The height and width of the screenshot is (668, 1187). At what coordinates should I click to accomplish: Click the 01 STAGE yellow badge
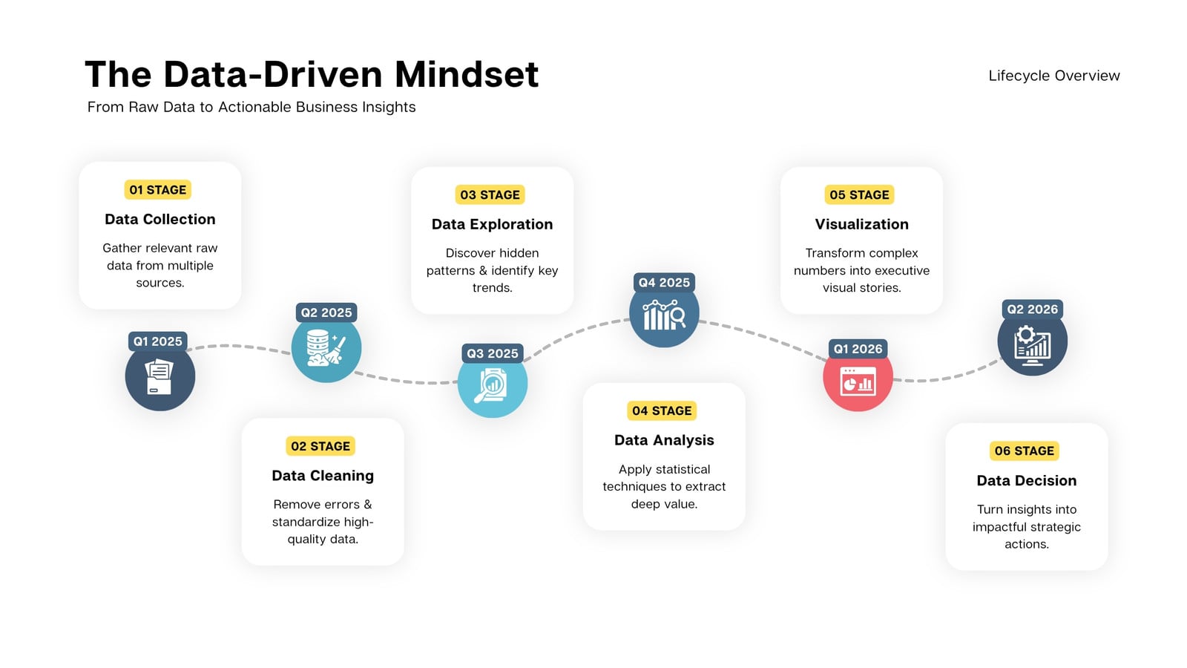pyautogui.click(x=157, y=190)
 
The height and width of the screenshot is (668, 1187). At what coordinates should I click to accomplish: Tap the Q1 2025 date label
pyautogui.click(x=157, y=341)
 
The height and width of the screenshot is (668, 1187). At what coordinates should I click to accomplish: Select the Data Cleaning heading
pyautogui.click(x=323, y=476)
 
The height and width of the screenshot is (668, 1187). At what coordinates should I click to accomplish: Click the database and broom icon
pyautogui.click(x=326, y=348)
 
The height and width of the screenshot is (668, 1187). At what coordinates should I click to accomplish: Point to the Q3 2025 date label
pyautogui.click(x=493, y=353)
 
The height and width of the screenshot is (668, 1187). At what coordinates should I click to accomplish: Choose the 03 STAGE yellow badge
pyautogui.click(x=490, y=194)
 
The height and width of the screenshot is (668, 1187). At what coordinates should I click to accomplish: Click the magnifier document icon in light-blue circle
pyautogui.click(x=490, y=385)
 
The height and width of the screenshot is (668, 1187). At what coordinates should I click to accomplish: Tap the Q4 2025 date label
pyautogui.click(x=664, y=283)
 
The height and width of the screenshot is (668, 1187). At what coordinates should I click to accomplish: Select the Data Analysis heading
pyautogui.click(x=664, y=440)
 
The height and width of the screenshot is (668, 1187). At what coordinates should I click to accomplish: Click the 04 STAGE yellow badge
pyautogui.click(x=661, y=411)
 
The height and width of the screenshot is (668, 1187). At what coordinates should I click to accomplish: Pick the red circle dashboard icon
pyautogui.click(x=858, y=382)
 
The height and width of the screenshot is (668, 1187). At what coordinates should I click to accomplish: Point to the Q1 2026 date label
pyautogui.click(x=858, y=349)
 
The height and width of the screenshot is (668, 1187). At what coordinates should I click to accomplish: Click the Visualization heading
pyautogui.click(x=861, y=224)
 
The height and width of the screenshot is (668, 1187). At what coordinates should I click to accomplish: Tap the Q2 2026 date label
pyautogui.click(x=1032, y=309)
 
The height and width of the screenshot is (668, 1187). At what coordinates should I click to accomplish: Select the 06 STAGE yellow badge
pyautogui.click(x=1025, y=451)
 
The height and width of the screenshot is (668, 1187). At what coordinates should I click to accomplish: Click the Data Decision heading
pyautogui.click(x=1027, y=480)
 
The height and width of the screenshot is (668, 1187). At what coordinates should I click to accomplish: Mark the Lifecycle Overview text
pyautogui.click(x=1054, y=76)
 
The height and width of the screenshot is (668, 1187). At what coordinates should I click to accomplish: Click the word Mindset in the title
pyautogui.click(x=467, y=74)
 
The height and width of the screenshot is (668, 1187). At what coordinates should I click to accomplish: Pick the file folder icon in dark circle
pyautogui.click(x=160, y=377)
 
